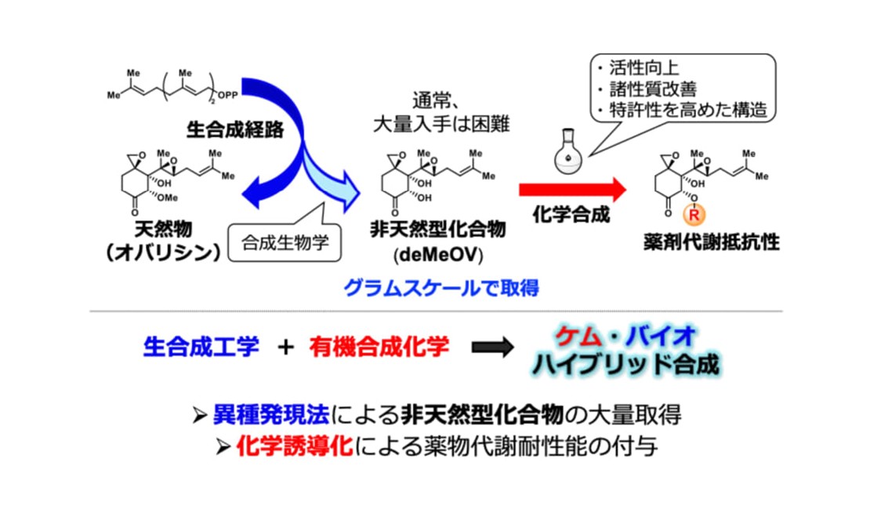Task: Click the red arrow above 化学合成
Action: click(x=571, y=189)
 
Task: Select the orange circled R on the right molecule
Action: click(x=692, y=212)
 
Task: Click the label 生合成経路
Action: click(x=227, y=125)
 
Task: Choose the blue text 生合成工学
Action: click(x=201, y=346)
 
